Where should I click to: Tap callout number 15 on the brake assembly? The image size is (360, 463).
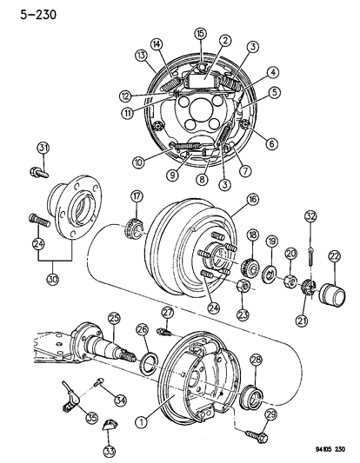point(199,34)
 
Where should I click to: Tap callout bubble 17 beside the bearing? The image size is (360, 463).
point(137,195)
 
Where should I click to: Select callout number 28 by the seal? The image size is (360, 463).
point(257,360)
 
